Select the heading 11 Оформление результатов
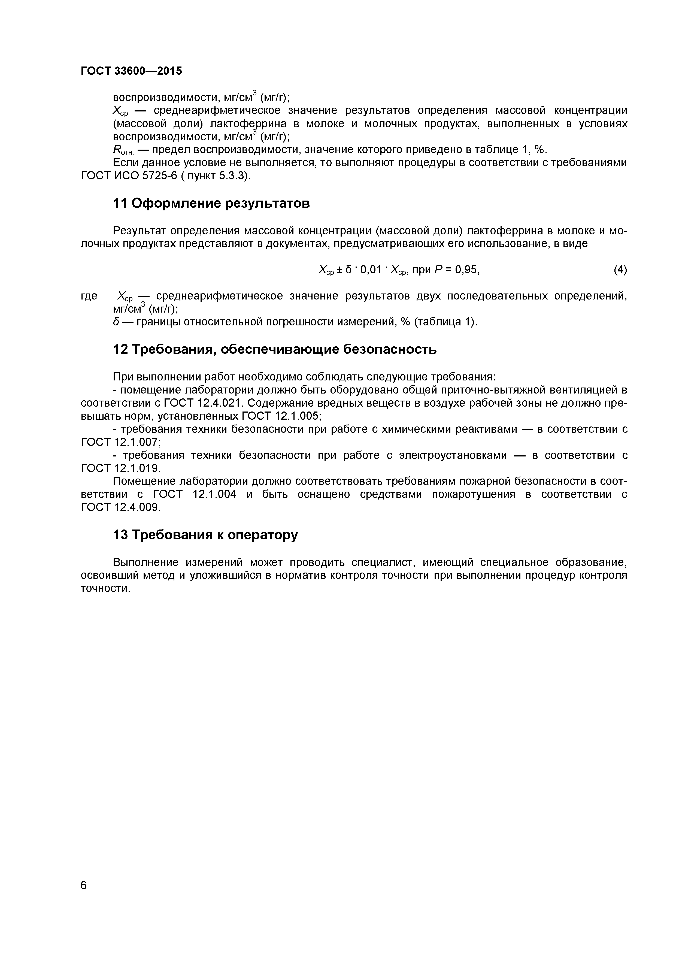211,204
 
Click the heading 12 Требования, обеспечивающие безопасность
275,349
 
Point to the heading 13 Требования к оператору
206,535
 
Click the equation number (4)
620,270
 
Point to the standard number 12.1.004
215,494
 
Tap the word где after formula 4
89,296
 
